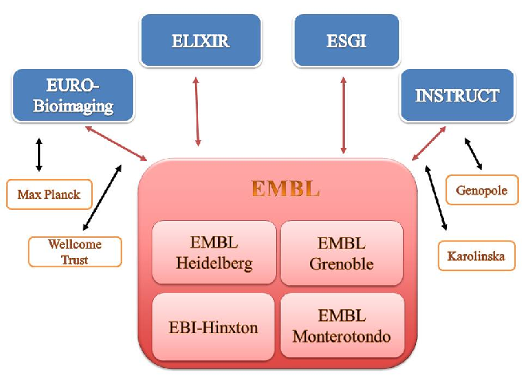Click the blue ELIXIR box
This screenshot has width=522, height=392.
tap(201, 40)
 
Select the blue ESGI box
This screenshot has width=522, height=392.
tap(346, 40)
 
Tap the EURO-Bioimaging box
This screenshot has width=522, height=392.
tap(73, 95)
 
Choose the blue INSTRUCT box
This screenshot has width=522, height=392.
tap(457, 95)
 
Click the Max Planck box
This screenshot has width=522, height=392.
tap(49, 194)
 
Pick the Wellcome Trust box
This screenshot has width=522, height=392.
tap(75, 252)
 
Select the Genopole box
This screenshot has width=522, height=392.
tap(482, 190)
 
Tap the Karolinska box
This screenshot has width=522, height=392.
tap(476, 256)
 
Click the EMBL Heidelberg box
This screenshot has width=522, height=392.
tap(214, 253)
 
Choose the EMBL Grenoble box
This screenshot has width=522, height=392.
tap(342, 253)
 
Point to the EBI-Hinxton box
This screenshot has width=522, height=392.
tap(213, 327)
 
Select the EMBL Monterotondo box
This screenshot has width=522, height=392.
tap(342, 325)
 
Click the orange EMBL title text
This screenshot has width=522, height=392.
tap(285, 188)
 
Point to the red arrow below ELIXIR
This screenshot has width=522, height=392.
tap(197, 112)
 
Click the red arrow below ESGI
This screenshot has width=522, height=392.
tap(343, 115)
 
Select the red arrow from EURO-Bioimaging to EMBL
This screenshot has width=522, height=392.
tap(116, 143)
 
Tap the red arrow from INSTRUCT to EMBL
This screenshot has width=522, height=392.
tap(428, 143)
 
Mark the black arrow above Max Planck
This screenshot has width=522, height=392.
tap(39, 155)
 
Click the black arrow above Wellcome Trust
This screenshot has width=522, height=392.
tap(102, 198)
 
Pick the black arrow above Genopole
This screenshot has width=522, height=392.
tap(473, 154)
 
